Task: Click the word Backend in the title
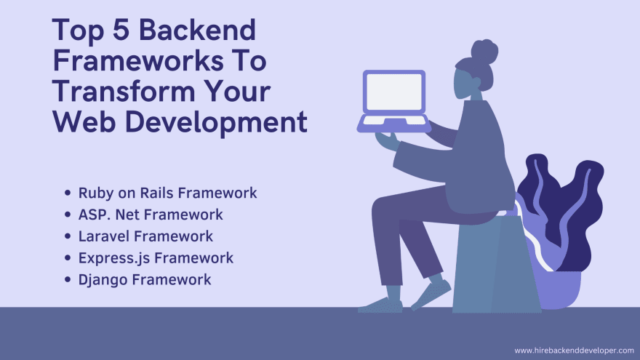pyautogui.click(x=198, y=30)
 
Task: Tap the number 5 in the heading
pyautogui.click(x=121, y=30)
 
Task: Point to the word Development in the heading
pyautogui.click(x=216, y=122)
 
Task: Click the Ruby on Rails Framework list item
pyautogui.click(x=167, y=193)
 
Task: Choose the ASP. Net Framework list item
pyautogui.click(x=151, y=215)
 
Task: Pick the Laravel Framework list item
pyautogui.click(x=145, y=236)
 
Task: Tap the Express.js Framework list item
pyautogui.click(x=156, y=258)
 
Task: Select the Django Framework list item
pyautogui.click(x=145, y=279)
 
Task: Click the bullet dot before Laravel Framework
pyautogui.click(x=68, y=236)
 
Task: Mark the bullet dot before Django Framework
pyautogui.click(x=68, y=279)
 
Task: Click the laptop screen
pyautogui.click(x=394, y=92)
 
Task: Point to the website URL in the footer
pyautogui.click(x=574, y=351)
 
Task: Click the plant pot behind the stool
pyautogui.click(x=560, y=289)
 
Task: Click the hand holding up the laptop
pyautogui.click(x=386, y=141)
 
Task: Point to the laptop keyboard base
pyautogui.click(x=394, y=124)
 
